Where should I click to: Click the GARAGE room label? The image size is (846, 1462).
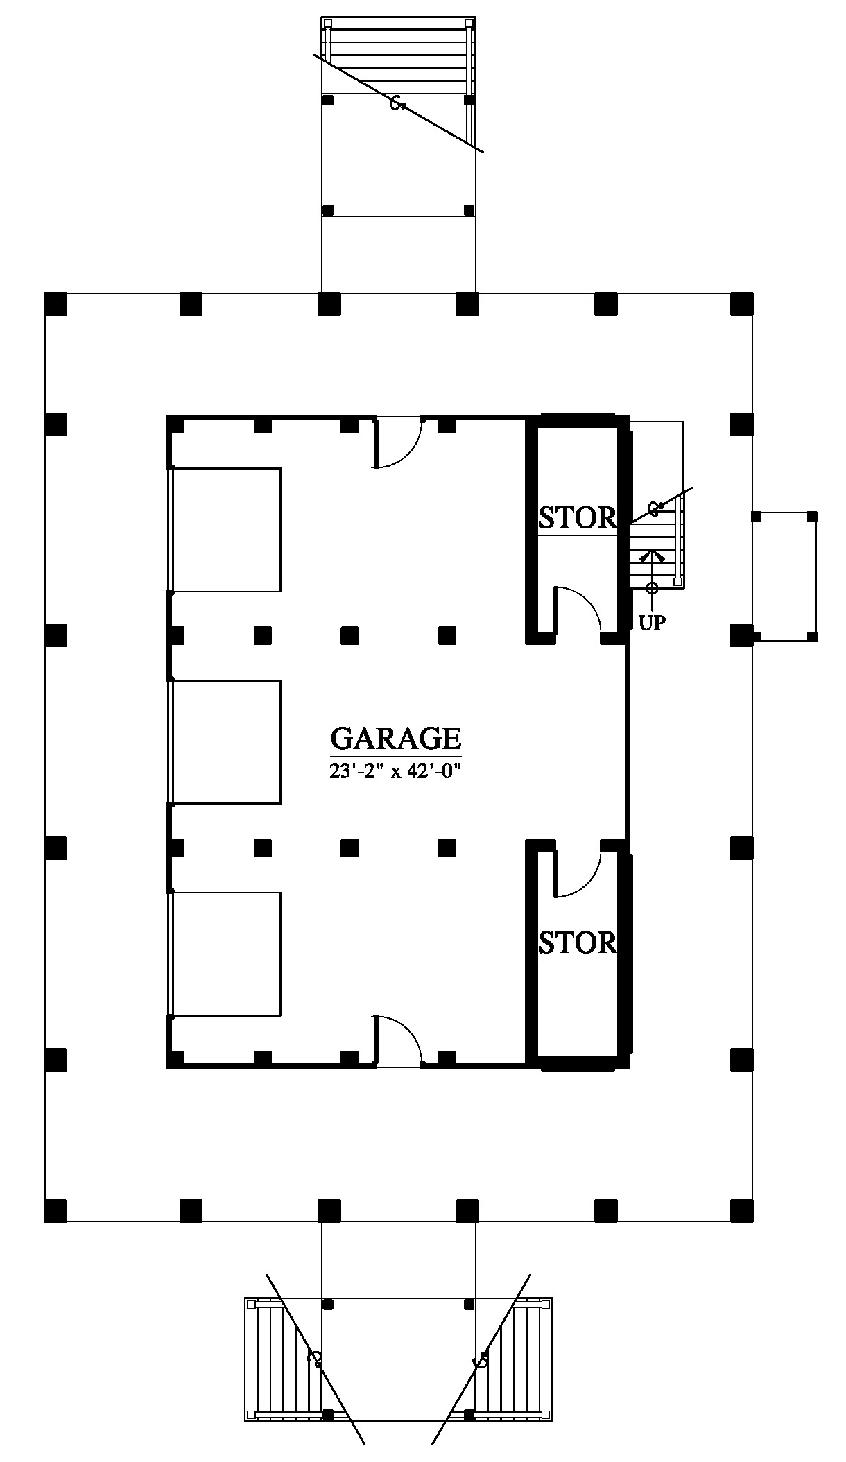click(395, 738)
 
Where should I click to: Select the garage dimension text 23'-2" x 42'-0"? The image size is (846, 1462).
click(395, 771)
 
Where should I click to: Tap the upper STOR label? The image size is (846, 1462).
click(578, 517)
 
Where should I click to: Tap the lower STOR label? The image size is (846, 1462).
click(578, 943)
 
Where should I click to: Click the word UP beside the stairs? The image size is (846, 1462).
click(652, 623)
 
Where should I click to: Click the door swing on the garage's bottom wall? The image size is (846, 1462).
click(398, 1040)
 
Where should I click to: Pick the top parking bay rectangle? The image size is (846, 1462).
click(227, 530)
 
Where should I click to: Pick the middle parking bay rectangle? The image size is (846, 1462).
click(227, 742)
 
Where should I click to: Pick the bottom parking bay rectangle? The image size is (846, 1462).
click(227, 954)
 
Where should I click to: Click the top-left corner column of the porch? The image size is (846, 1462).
click(55, 304)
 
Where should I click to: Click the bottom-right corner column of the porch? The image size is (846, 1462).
click(742, 1210)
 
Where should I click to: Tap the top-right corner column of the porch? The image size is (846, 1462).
click(742, 304)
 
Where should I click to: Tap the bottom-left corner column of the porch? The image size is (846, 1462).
click(55, 1210)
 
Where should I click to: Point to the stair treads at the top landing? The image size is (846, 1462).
click(399, 56)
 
